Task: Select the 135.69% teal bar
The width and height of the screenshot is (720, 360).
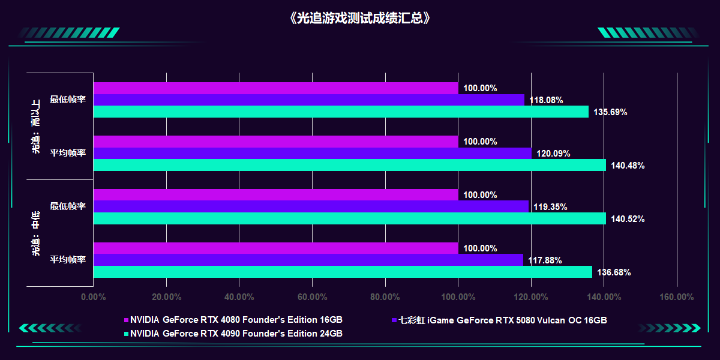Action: [x=341, y=112]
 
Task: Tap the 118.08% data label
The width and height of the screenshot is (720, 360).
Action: [x=546, y=100]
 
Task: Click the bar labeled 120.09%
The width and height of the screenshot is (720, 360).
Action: [x=312, y=154]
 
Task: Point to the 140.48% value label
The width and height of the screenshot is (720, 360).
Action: [x=628, y=166]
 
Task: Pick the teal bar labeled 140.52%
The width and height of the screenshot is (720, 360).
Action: [x=350, y=218]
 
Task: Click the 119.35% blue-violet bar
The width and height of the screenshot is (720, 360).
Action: [x=311, y=206]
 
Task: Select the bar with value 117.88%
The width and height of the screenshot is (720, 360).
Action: [x=308, y=260]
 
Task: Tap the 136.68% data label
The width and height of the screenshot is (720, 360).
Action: [x=614, y=272]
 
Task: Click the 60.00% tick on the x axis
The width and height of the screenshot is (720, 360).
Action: [x=311, y=296]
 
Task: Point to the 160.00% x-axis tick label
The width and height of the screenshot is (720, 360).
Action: [x=677, y=296]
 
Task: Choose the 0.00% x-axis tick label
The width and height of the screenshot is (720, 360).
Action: [x=93, y=296]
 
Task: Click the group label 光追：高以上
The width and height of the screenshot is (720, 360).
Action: [x=36, y=126]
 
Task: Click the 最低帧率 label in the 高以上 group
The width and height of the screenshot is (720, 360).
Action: [x=68, y=100]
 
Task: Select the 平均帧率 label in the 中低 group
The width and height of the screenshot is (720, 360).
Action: [x=68, y=260]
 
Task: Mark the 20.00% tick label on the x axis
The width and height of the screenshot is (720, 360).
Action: [x=166, y=296]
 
